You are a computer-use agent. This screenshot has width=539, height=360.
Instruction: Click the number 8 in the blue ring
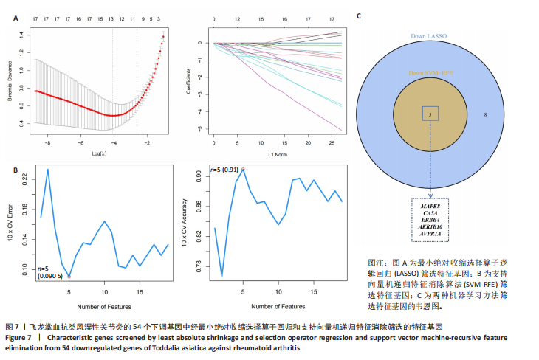[x=485, y=115]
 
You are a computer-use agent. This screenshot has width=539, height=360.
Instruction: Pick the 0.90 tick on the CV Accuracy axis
[x=200, y=174]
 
